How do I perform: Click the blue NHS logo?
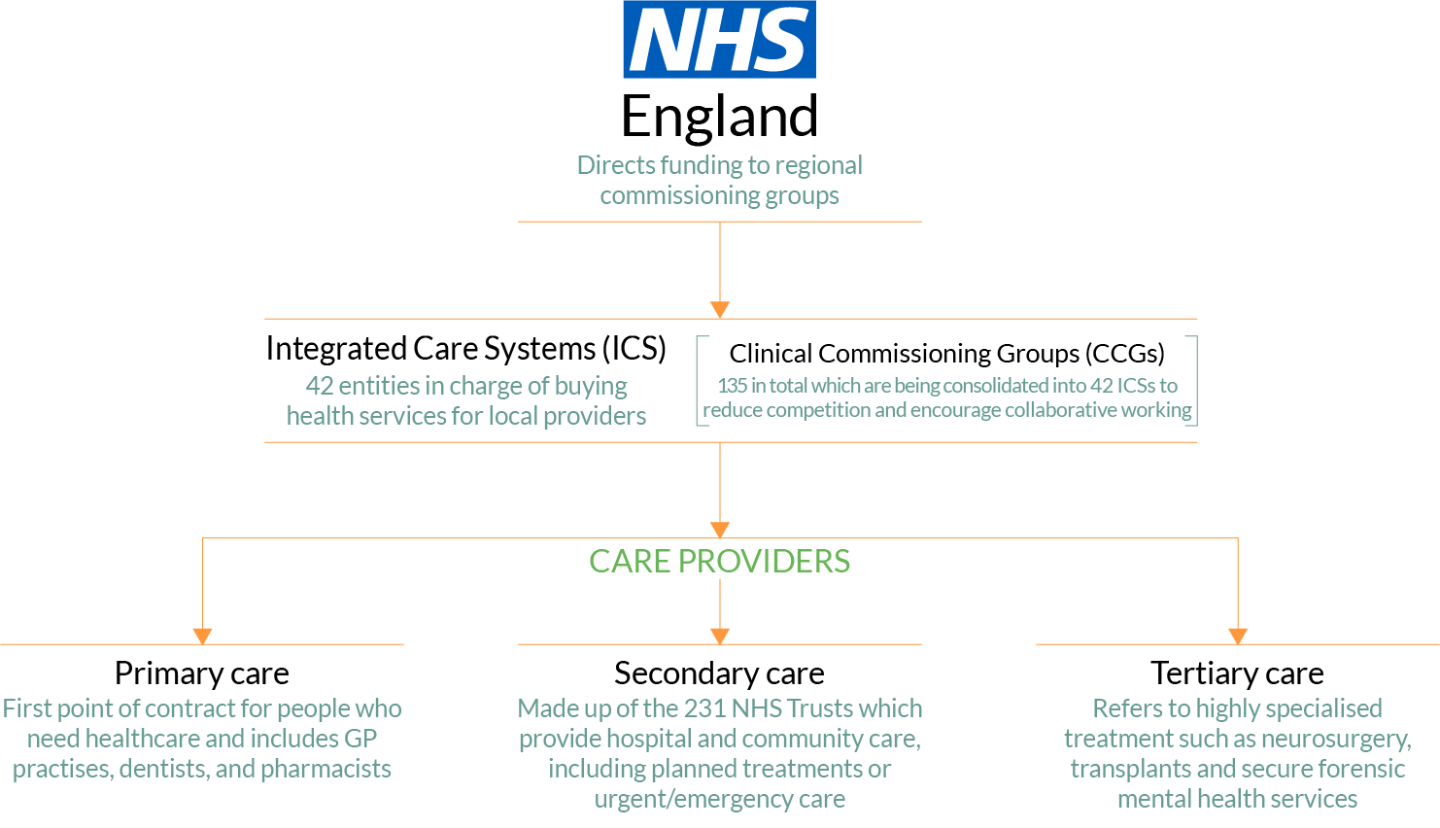tap(719, 39)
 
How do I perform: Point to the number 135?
tap(732, 386)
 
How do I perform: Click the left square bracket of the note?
tap(700, 381)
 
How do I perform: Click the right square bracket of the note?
tap(1194, 381)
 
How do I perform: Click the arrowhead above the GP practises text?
tap(202, 637)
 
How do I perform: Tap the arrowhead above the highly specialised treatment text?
tap(1238, 637)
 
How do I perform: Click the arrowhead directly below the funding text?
tap(720, 310)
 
